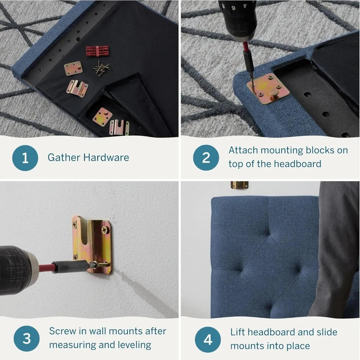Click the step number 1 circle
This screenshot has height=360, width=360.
click(x=25, y=158)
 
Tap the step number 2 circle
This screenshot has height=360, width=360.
click(x=206, y=158)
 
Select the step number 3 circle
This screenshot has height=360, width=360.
click(x=26, y=339)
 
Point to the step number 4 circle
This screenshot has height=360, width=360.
click(x=208, y=339)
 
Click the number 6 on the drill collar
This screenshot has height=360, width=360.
click(x=233, y=7)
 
